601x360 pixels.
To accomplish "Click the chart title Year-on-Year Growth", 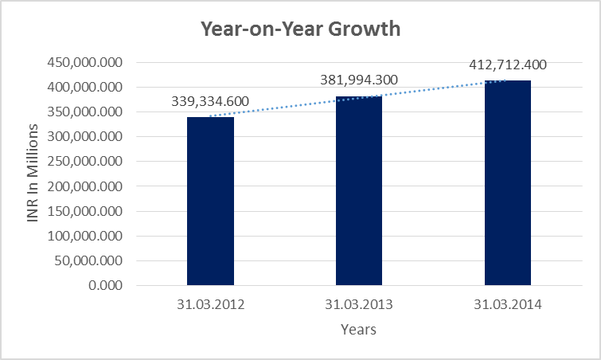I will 300,30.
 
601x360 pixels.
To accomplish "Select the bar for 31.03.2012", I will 210,201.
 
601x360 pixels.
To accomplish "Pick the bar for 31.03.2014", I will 508,182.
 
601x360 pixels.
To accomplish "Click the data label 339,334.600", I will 210,101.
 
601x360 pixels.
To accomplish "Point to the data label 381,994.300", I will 359,80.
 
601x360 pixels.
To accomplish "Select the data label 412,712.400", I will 508,65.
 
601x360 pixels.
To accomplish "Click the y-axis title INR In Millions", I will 33,173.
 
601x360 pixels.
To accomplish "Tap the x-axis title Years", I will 358,329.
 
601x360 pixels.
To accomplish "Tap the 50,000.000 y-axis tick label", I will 87,260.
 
